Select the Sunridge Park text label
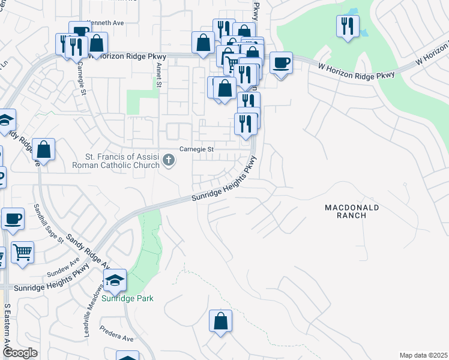[127, 298]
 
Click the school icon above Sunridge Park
[115, 280]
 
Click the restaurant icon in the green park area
[348, 26]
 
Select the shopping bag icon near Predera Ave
[220, 320]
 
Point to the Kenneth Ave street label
[106, 23]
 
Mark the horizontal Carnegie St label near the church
[197, 149]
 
